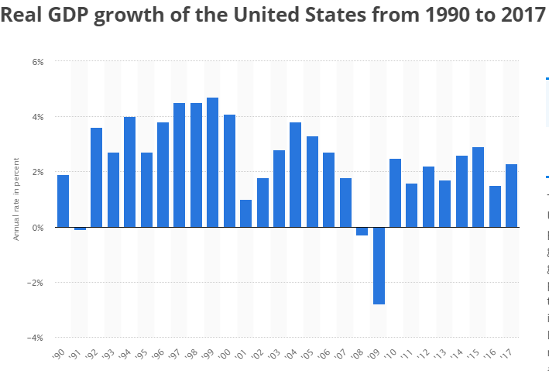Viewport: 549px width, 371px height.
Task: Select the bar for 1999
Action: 213,163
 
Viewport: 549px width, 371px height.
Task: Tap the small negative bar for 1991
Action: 80,228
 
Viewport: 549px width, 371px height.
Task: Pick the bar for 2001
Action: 245,214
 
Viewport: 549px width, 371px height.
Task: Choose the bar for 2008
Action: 362,231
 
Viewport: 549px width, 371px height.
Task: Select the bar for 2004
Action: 295,175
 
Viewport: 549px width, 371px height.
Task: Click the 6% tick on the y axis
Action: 37,61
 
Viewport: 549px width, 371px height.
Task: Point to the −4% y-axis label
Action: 35,338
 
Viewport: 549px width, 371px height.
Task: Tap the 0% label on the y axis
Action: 37,228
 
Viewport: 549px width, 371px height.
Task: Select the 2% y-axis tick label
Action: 37,172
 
